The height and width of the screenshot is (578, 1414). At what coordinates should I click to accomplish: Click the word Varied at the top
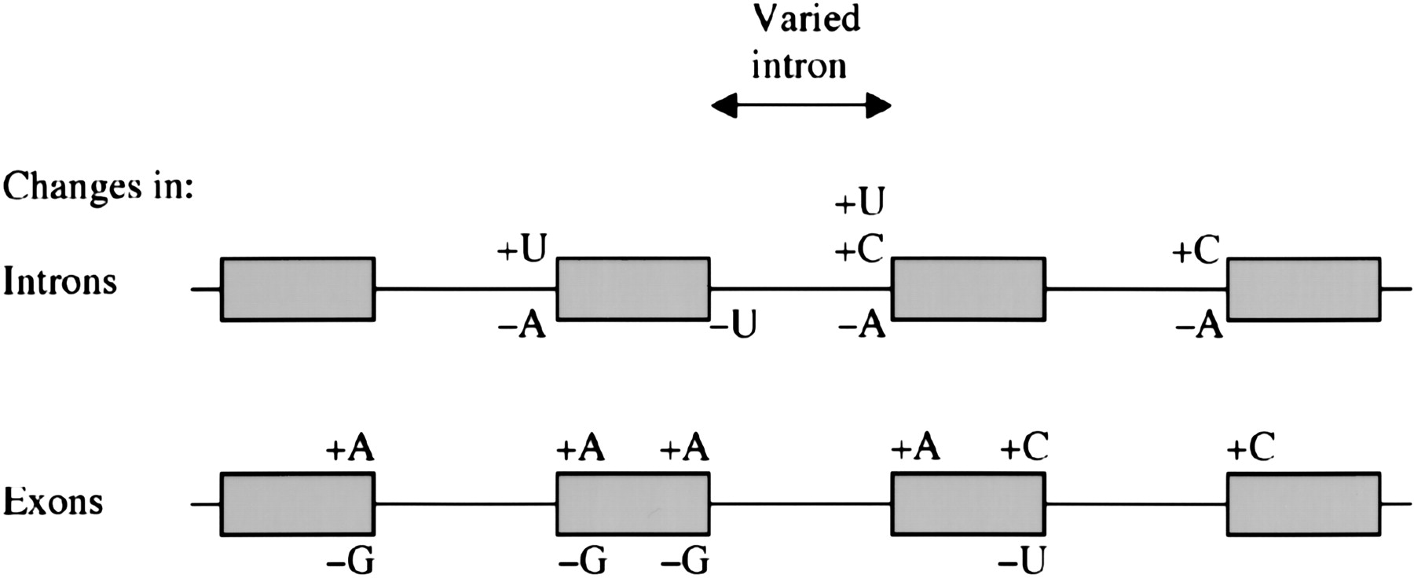click(x=806, y=19)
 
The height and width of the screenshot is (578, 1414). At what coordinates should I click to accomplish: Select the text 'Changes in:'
click(x=97, y=188)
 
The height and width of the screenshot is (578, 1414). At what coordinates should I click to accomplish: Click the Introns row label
click(x=60, y=282)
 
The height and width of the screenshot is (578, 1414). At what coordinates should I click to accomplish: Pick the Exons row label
click(x=53, y=501)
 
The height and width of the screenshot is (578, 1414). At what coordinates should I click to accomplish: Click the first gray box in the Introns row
click(x=298, y=289)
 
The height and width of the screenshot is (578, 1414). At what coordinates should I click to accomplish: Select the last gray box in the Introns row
click(x=1304, y=289)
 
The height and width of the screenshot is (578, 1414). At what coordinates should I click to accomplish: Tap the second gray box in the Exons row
click(x=633, y=504)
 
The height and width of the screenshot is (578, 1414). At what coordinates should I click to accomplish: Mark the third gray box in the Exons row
click(x=968, y=504)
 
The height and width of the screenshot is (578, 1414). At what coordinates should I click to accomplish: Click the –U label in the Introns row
click(x=733, y=325)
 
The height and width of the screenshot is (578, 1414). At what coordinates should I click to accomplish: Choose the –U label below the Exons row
click(x=1022, y=561)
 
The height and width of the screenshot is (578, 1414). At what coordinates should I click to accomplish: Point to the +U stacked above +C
click(x=859, y=203)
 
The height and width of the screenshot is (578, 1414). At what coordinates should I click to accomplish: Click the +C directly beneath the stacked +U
click(x=859, y=251)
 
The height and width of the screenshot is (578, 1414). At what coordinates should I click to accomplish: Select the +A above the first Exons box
click(x=350, y=450)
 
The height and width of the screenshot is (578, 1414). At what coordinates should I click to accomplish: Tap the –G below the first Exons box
click(x=350, y=561)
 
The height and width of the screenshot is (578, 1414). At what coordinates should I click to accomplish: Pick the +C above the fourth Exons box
click(x=1251, y=448)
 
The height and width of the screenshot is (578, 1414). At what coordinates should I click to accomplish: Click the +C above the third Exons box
click(x=1024, y=448)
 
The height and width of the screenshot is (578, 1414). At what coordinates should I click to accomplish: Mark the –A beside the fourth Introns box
click(x=1200, y=325)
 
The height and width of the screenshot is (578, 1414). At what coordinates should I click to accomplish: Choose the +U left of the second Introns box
click(x=522, y=251)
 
